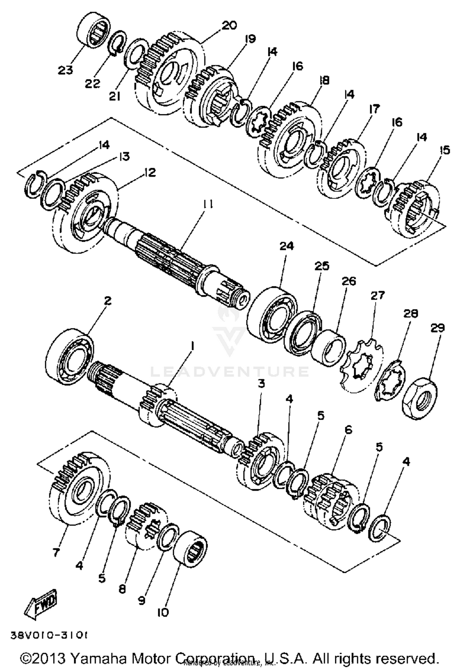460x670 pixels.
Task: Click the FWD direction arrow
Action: point(41,603)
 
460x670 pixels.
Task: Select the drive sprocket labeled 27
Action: point(362,364)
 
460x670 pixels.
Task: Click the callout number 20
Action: point(229,25)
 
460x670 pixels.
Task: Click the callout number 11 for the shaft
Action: point(208,204)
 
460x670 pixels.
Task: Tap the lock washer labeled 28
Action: point(390,380)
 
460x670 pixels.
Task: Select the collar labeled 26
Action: point(330,347)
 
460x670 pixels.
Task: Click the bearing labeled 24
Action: point(272,313)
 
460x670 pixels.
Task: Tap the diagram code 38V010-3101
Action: point(49,635)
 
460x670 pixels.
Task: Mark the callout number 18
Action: point(324,80)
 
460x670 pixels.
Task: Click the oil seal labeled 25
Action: point(303,332)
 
